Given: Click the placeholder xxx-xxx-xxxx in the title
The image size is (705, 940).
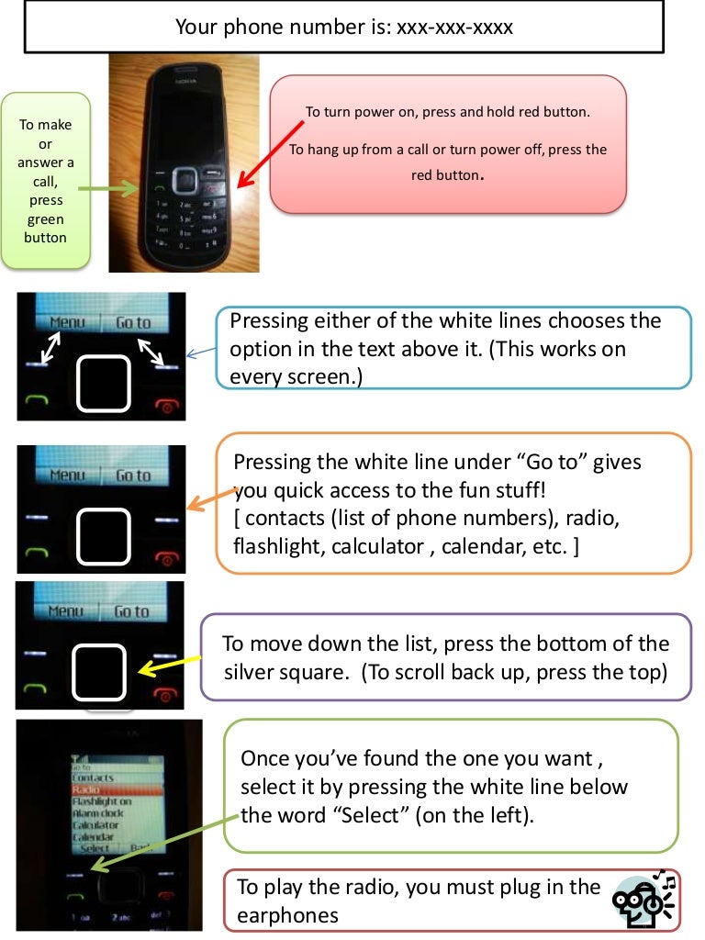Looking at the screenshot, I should tap(454, 28).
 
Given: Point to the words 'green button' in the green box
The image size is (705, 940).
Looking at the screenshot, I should tap(45, 229).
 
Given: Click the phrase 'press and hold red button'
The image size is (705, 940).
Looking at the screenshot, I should tap(525, 112).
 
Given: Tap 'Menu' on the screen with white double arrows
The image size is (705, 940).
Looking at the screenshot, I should tap(68, 322).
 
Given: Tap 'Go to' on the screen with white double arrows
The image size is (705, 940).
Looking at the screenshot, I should tap(133, 322).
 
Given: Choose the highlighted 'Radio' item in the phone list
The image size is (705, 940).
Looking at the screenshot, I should tap(87, 789).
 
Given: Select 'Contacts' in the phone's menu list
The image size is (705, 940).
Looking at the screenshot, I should tap(94, 778).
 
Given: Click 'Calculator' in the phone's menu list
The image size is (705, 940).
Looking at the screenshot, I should tap(96, 824).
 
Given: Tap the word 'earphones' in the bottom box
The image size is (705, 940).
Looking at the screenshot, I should tap(287, 915).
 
